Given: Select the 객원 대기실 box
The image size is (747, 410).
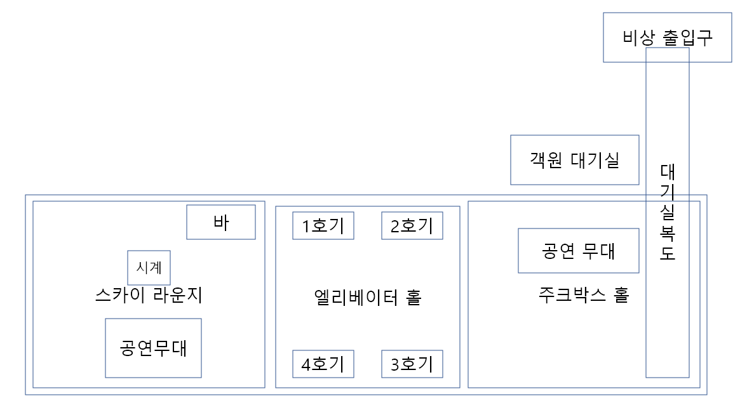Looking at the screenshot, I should pos(574,160).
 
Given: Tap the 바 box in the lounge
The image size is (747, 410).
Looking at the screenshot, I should pos(220,222).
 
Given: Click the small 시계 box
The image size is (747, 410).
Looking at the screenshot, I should pos(149,267).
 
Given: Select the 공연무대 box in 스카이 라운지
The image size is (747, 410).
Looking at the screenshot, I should pos(153,348).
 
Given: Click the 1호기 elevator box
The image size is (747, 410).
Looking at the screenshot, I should pos(323,226).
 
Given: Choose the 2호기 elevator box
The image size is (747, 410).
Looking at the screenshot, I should pos(412,226).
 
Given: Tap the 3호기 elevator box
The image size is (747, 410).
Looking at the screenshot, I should pos(412,364).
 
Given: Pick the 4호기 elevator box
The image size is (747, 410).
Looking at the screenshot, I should pos(323,364).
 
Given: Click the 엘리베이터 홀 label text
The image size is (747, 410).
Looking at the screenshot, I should pos(368,297).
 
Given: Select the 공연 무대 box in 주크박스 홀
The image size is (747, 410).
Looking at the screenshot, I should pos(578,251).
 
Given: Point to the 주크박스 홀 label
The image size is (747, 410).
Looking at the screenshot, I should pos(583,295).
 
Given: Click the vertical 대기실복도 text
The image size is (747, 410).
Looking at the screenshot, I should pos(668,213).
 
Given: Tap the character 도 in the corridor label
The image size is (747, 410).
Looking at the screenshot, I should pos(668,253).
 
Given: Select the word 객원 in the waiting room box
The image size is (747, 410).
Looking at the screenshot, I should pos(546,160).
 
